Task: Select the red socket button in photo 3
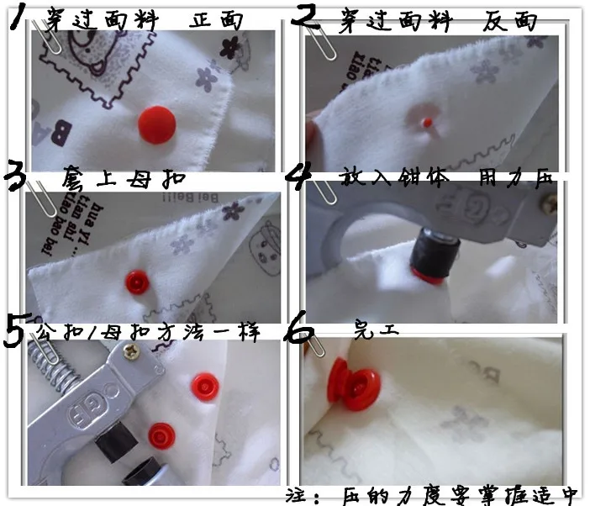coord(136,281)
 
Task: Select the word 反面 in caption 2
coord(510,20)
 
